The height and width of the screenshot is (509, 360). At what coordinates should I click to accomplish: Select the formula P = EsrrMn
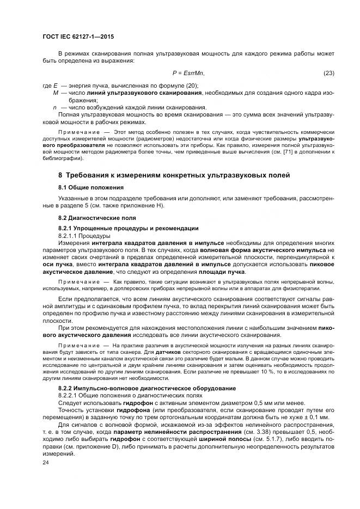point(188,73)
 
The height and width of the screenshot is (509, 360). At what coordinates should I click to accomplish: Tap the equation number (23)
point(328,73)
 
